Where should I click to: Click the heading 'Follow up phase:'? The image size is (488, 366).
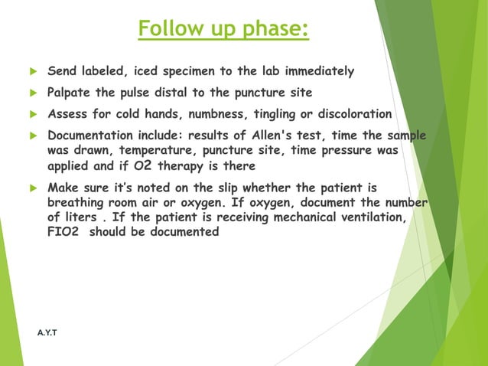[x=223, y=29]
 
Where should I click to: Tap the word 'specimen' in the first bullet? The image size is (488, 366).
[x=196, y=72]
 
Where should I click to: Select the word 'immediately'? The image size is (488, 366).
[x=320, y=72]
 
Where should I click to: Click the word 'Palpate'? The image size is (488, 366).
[x=70, y=93]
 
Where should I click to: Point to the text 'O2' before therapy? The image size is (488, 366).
[x=145, y=165]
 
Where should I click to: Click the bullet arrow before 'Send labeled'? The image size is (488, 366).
[x=32, y=73]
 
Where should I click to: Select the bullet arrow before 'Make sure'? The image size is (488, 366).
[x=32, y=188]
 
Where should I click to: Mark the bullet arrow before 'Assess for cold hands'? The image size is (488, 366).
[x=32, y=116]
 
